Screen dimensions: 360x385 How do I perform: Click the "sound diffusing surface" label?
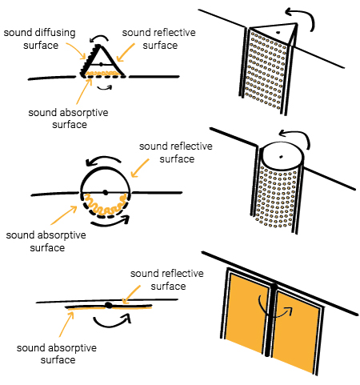(40, 39)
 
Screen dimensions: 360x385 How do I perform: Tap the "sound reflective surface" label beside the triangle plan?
(159, 39)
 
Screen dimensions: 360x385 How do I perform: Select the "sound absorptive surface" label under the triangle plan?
(69, 118)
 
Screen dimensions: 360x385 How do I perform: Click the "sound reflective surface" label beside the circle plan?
(176, 152)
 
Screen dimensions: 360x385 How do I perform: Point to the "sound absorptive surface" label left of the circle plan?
(46, 242)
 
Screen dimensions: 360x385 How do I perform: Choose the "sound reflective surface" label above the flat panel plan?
(167, 279)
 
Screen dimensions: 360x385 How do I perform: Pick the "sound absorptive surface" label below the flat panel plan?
(57, 354)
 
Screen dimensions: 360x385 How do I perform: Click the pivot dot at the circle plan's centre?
(106, 192)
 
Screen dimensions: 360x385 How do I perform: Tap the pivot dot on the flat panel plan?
(109, 305)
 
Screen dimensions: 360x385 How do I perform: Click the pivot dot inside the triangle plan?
(101, 64)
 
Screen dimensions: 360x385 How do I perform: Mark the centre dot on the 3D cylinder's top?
(281, 157)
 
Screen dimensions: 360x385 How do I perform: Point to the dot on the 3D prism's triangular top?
(278, 33)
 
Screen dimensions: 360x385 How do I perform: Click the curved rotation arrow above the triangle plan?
(98, 38)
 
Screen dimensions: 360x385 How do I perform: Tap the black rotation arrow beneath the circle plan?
(110, 223)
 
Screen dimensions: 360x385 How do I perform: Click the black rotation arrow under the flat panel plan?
(112, 323)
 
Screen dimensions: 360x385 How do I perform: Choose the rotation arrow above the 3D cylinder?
(298, 133)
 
